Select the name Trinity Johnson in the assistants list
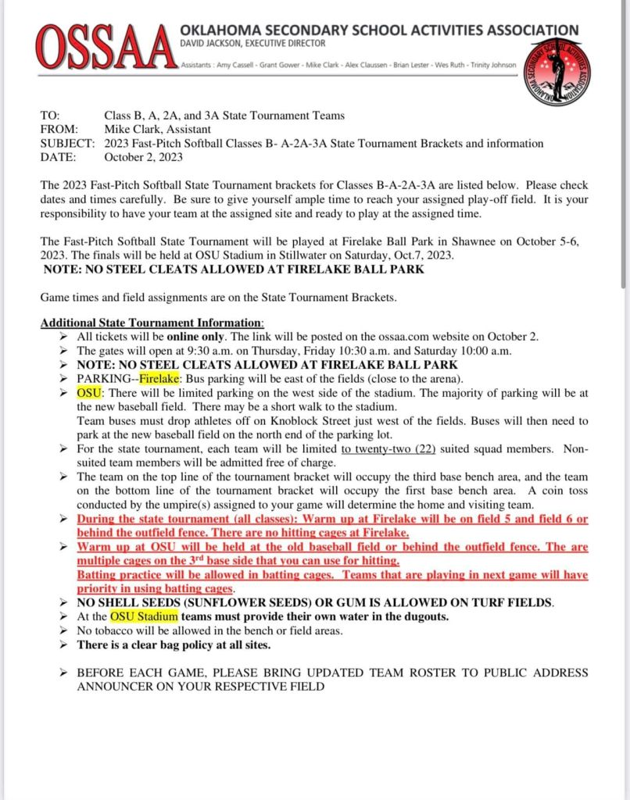coord(493,65)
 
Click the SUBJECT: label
coord(66,144)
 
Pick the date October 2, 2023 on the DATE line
coord(144,157)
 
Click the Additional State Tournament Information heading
coord(152,323)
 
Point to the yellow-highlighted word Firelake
coord(159,379)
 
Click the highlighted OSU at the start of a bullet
coord(88,393)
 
